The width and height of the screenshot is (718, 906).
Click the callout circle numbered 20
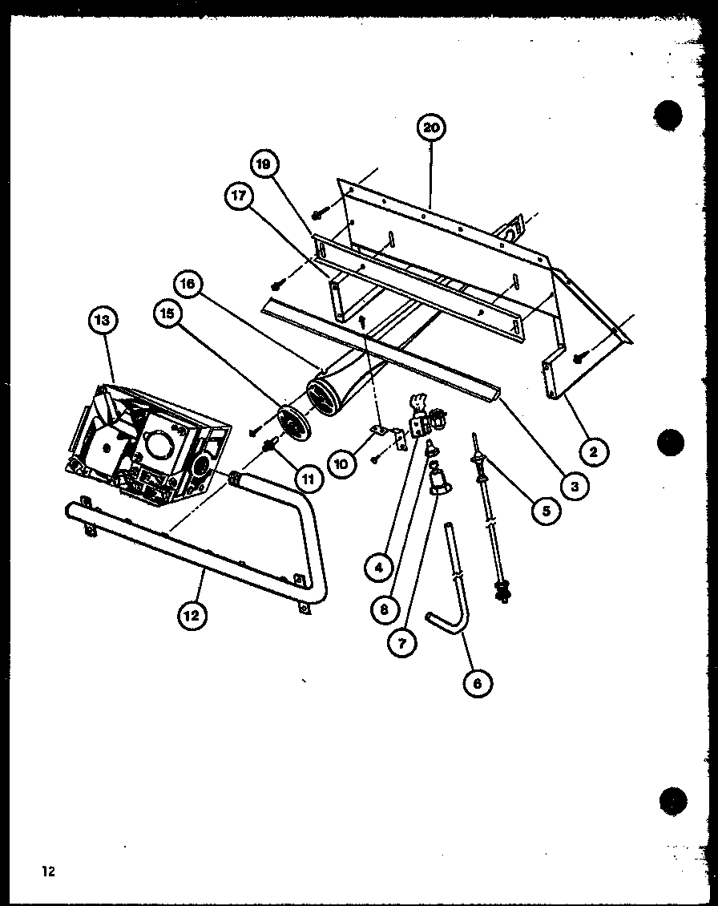tap(431, 127)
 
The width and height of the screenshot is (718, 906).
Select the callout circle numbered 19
tap(263, 165)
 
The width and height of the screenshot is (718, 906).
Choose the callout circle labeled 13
tap(103, 320)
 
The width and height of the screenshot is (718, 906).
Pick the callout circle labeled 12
tap(192, 615)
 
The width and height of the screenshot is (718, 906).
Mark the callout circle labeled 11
tap(308, 479)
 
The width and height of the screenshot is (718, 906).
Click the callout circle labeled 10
tap(340, 463)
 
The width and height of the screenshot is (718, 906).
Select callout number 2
tap(593, 451)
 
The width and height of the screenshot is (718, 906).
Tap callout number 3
tap(574, 483)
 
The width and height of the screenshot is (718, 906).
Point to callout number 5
tap(546, 510)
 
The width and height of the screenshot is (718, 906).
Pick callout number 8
tap(385, 609)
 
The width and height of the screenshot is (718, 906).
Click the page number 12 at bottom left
tap(49, 872)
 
